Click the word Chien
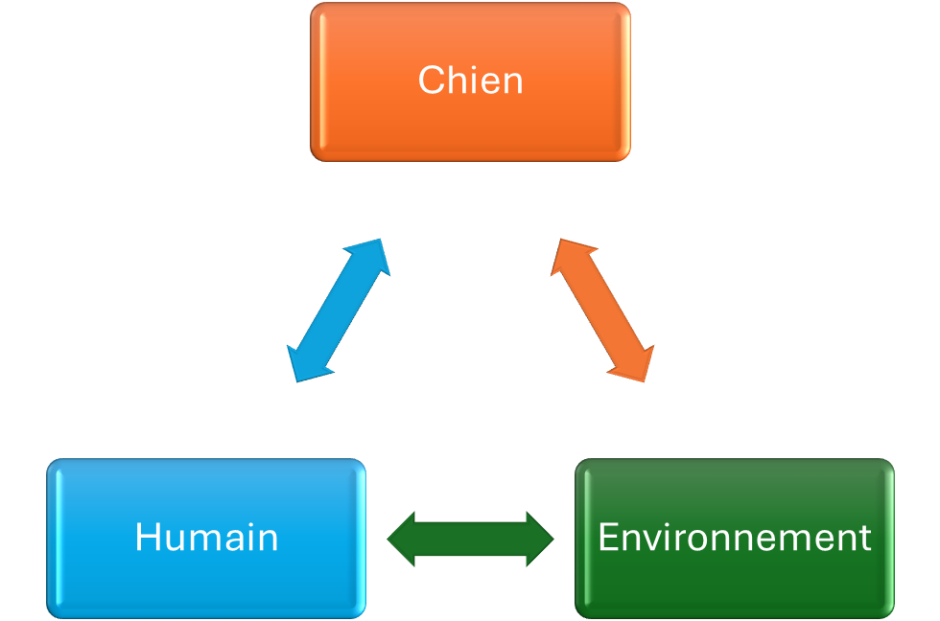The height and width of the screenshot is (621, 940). [470, 80]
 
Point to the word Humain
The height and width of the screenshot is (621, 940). [206, 538]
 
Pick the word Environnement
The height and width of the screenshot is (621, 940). [735, 538]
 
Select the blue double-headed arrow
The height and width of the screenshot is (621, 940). [338, 310]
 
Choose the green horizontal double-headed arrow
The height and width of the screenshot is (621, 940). [470, 540]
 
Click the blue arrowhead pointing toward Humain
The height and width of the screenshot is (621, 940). [304, 365]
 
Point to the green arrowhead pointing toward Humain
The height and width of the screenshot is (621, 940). [403, 540]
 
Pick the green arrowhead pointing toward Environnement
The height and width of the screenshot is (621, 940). [538, 540]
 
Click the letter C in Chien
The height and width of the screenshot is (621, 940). [430, 80]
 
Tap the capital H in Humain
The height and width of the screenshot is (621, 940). [146, 538]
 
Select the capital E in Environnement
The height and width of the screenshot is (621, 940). [607, 538]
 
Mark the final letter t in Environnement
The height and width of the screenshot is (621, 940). [865, 539]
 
